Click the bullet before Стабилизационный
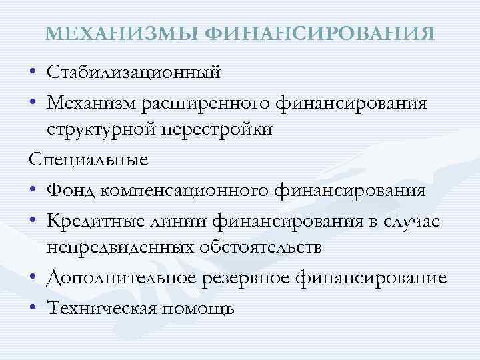click(x=33, y=71)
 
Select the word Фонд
click(x=71, y=191)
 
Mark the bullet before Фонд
click(x=33, y=192)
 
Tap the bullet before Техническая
click(x=33, y=308)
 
